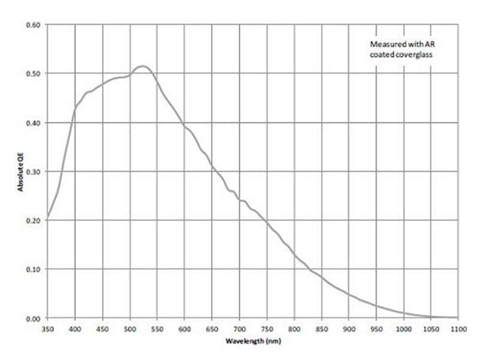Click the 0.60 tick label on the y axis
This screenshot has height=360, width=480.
point(33,25)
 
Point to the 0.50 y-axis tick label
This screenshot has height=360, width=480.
point(33,74)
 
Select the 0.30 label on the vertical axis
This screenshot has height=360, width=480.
point(33,172)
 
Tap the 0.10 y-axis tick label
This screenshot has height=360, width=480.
point(33,269)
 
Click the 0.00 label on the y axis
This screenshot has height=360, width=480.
point(33,318)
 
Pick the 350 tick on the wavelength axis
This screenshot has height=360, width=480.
point(47,329)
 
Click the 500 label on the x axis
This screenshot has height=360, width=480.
point(130,329)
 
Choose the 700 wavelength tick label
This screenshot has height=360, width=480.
point(239,329)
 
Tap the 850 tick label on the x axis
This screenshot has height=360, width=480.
point(322,329)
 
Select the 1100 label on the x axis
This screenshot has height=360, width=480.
point(458,329)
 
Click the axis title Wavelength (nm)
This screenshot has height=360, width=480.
point(253,341)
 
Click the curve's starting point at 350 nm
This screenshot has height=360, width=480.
point(47,217)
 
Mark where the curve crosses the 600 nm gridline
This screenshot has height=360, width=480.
point(184,127)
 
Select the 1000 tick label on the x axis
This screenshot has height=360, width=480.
point(404,329)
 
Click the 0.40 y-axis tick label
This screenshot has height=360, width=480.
point(33,123)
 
